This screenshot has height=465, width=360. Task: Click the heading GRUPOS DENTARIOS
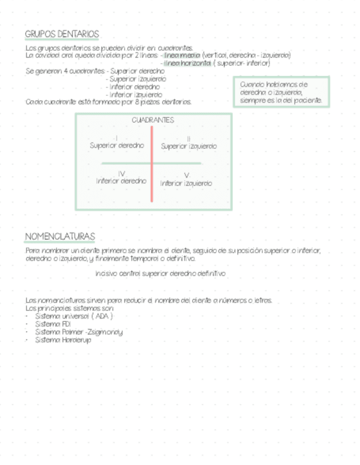[61, 35]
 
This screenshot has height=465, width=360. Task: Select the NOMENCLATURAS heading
[60, 236]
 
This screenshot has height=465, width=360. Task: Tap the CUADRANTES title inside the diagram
[153, 120]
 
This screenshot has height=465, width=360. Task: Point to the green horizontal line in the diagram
[126, 163]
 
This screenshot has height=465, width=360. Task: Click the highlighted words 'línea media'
[182, 55]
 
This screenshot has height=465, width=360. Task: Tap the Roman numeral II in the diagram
[188, 139]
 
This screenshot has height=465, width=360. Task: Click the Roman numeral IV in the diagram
[121, 173]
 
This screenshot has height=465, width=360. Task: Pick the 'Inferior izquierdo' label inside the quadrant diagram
[186, 183]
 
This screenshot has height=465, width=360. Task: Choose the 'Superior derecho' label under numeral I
[117, 145]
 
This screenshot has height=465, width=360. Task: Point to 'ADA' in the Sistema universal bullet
[102, 316]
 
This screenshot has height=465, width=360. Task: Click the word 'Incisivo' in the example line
[105, 273]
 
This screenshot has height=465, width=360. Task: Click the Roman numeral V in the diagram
[187, 175]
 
